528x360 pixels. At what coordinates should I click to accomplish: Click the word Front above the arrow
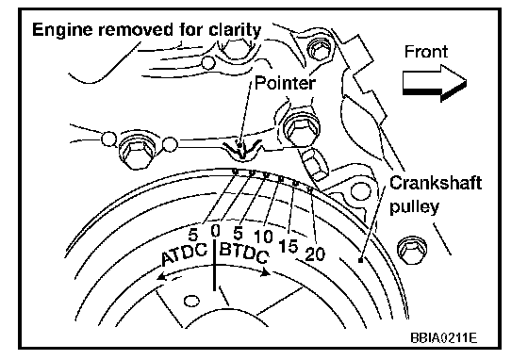[x=426, y=52]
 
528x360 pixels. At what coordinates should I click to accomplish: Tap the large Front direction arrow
[x=435, y=83]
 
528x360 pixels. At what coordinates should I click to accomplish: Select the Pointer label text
[x=285, y=83]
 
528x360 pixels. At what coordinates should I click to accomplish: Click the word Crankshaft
[x=436, y=184]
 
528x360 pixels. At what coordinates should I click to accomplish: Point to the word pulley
[x=414, y=206]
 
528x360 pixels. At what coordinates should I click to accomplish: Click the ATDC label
[x=184, y=254]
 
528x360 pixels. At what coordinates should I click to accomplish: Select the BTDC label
[x=244, y=253]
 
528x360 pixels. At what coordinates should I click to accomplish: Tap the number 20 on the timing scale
[x=315, y=254]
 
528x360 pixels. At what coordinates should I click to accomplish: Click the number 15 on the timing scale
[x=289, y=246]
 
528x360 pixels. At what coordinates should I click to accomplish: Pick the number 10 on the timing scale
[x=263, y=237]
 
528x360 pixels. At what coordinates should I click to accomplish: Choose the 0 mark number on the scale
[x=215, y=231]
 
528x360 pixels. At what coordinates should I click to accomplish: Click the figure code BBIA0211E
[x=443, y=336]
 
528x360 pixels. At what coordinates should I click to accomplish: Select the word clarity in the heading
[x=235, y=30]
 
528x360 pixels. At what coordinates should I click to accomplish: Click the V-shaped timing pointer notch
[x=241, y=151]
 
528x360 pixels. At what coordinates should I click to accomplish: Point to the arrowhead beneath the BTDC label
[x=265, y=271]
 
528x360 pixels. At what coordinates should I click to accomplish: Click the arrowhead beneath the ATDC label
[x=162, y=276]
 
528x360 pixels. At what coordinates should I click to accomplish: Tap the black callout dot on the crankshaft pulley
[x=360, y=260]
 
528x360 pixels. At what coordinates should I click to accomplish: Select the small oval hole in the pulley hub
[x=191, y=301]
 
